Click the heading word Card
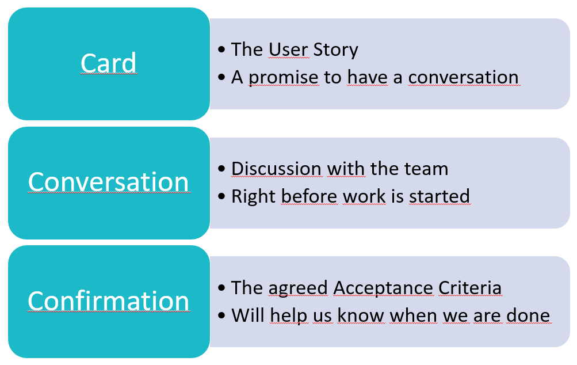[x=109, y=63]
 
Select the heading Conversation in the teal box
[x=109, y=182]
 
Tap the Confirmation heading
[x=109, y=301]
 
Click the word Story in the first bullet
[x=335, y=50]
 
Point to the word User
[x=288, y=50]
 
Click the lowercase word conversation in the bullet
[x=463, y=77]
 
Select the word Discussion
[x=276, y=169]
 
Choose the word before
[x=309, y=196]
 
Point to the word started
[x=440, y=196]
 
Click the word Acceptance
[x=383, y=288]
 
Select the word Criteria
[x=470, y=288]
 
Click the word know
[x=361, y=315]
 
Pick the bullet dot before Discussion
[x=221, y=169]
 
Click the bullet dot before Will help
[x=221, y=315]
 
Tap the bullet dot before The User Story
[x=221, y=50]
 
